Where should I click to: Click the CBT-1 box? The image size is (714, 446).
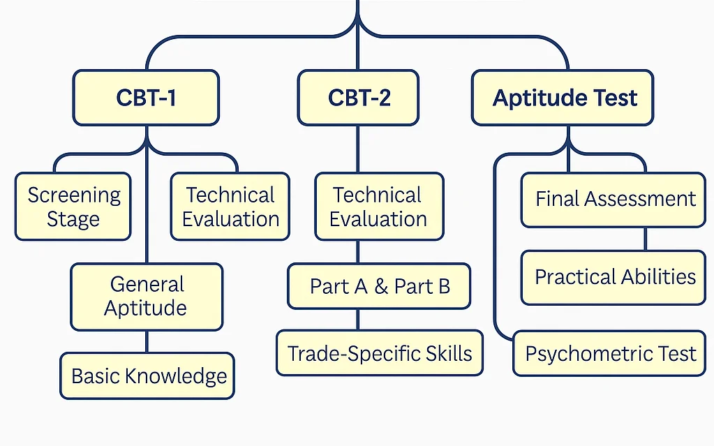click(146, 97)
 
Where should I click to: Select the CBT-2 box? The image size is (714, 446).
click(358, 97)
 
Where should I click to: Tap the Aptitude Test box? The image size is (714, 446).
click(564, 97)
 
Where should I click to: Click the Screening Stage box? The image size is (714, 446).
click(73, 207)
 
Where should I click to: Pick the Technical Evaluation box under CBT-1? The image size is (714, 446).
click(230, 207)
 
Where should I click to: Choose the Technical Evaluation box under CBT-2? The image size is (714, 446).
click(378, 207)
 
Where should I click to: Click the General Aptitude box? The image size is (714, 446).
click(147, 296)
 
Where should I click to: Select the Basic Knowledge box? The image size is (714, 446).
click(148, 376)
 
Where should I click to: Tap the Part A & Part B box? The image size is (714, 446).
click(380, 286)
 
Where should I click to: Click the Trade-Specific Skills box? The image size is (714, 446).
click(380, 353)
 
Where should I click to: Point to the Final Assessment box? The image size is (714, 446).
click(615, 199)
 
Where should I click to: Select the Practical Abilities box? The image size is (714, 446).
click(614, 277)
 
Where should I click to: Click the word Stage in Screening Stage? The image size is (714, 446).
click(73, 219)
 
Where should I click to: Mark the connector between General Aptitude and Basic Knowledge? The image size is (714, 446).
click(147, 342)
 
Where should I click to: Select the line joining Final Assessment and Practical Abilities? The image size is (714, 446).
click(644, 239)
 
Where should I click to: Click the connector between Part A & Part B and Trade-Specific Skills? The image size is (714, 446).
click(358, 319)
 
